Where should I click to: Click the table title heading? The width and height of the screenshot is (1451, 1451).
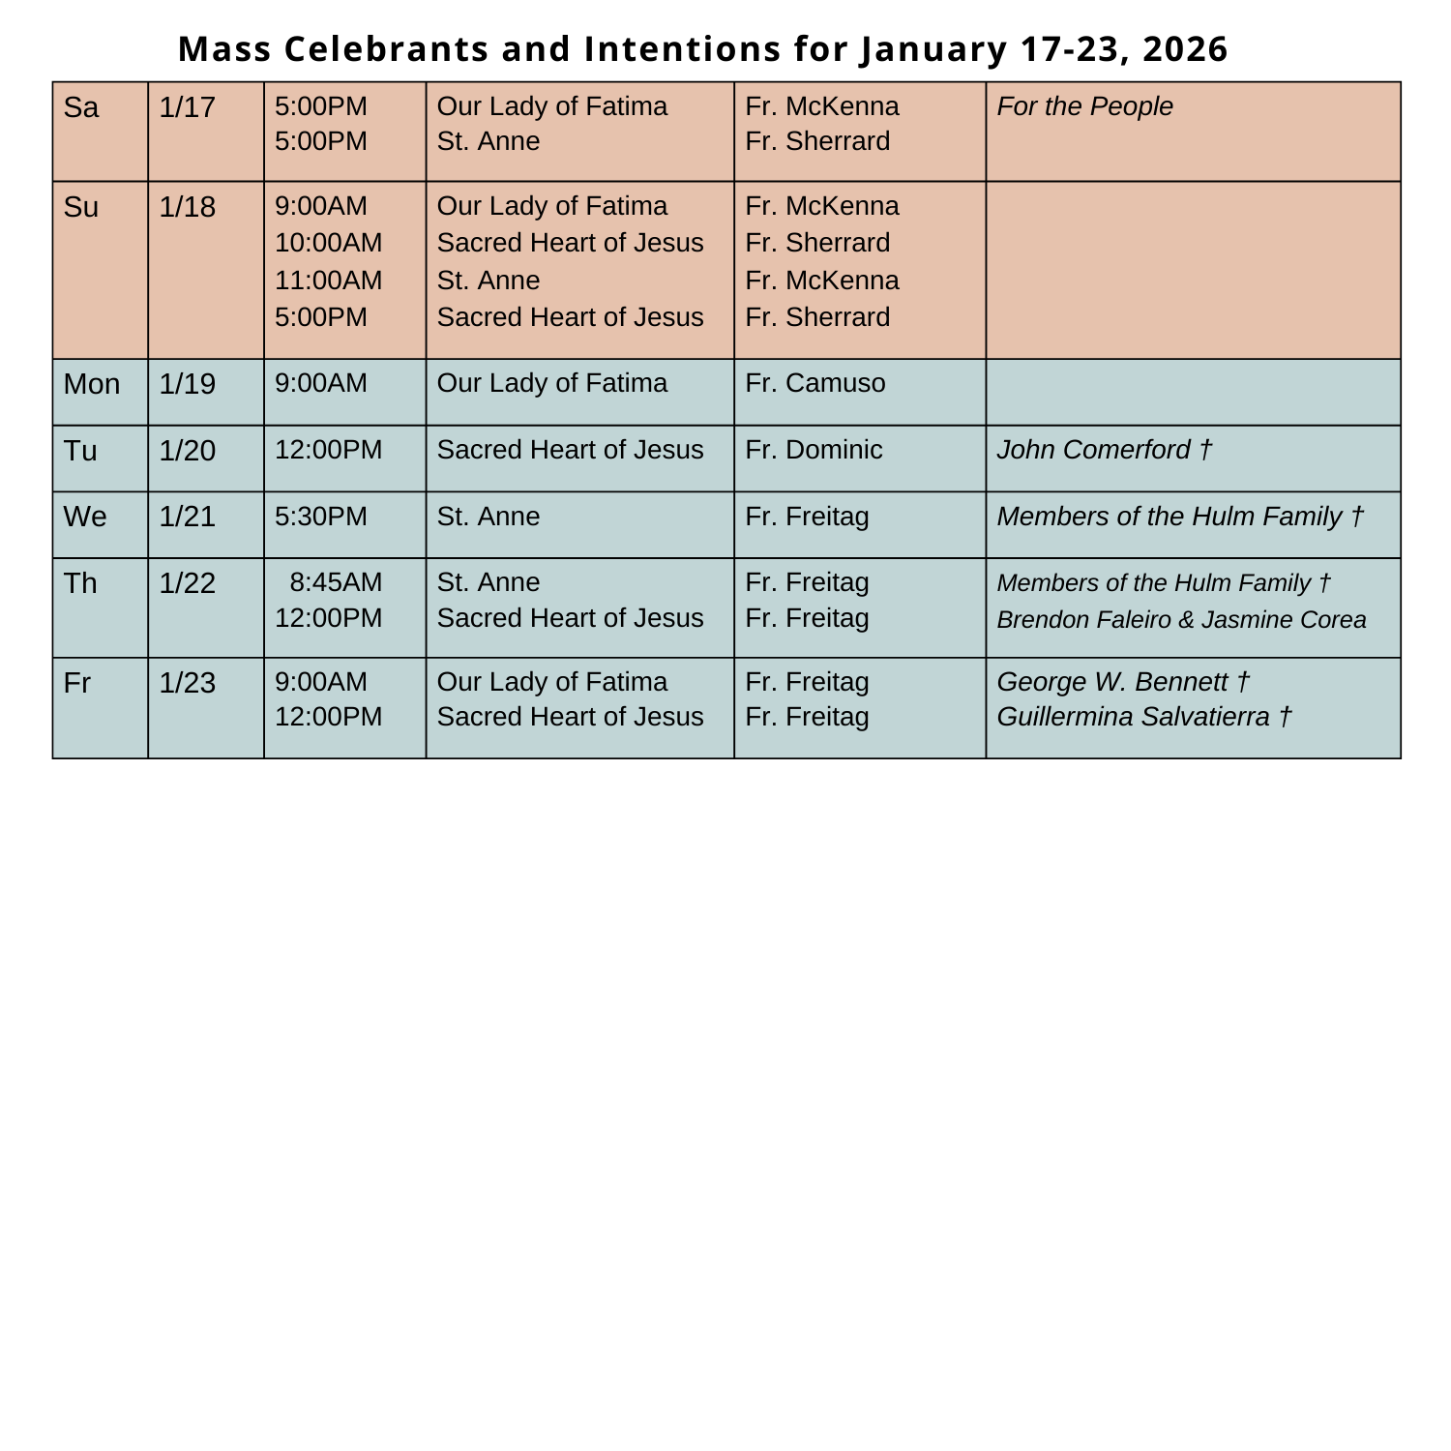pos(703,48)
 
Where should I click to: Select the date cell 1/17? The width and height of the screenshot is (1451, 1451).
pos(188,106)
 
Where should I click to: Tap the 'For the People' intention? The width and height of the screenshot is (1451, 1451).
pos(1084,106)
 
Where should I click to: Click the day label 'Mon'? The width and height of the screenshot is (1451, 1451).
pos(92,384)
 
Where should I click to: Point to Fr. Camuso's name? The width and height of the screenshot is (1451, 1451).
pos(814,383)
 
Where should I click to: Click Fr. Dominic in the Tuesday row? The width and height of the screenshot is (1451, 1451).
pos(814,450)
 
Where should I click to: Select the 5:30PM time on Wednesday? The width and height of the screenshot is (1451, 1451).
pos(321,517)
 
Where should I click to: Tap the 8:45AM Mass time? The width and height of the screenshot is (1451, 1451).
pos(336,582)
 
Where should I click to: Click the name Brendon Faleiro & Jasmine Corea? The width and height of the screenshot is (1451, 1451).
pos(1181,619)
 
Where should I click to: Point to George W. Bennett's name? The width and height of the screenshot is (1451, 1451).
pos(1123,682)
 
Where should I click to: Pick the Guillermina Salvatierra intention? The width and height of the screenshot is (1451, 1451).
pos(1143,717)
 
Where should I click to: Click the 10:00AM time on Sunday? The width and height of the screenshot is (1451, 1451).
pos(329,243)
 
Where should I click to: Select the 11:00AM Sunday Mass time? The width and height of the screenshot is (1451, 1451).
pos(329,281)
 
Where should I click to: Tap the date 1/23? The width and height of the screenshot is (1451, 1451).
pos(188,683)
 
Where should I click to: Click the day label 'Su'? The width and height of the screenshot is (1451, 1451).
pos(81,207)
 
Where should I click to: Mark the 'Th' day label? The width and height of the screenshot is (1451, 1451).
pos(81,583)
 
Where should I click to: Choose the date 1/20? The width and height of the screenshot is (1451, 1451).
pos(188,451)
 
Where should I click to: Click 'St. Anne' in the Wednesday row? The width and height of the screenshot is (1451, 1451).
pos(489,517)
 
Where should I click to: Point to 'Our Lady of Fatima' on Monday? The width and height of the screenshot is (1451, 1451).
pos(552,383)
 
